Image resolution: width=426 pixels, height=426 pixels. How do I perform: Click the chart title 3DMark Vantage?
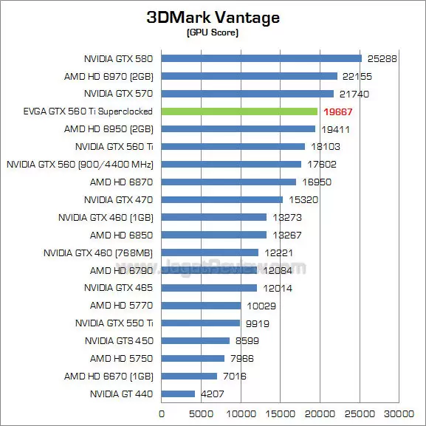coord(213,18)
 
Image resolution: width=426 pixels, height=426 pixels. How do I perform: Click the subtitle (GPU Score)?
coord(213,33)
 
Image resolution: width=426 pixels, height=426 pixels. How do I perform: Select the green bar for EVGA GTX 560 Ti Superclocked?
coord(239,111)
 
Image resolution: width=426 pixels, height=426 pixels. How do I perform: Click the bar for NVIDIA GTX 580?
coord(261,58)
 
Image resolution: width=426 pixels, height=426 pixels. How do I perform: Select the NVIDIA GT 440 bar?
coord(178,394)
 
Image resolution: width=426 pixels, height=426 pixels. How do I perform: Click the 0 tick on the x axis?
coord(162,415)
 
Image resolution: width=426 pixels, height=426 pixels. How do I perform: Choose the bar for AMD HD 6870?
coord(228,182)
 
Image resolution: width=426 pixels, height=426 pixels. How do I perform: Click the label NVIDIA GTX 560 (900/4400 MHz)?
coord(80,164)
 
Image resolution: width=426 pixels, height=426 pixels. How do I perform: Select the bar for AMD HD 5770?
coord(201,306)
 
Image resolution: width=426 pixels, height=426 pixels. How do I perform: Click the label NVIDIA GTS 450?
coord(118,341)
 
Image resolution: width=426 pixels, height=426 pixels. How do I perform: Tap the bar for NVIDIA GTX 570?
coord(247,94)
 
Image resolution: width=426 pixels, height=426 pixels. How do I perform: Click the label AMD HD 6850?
coord(121,235)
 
